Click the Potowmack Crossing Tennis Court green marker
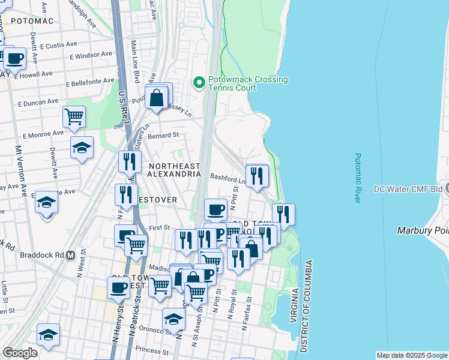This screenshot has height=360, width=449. click(x=199, y=83)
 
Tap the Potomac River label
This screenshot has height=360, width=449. click(x=358, y=178)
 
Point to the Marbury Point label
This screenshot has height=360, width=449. click(x=423, y=230)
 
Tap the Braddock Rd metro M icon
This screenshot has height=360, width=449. click(x=71, y=254)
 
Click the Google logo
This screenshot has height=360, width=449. click(x=20, y=353)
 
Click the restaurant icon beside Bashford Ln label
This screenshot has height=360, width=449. click(x=256, y=175)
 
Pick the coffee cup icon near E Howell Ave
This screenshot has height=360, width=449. click(x=16, y=58)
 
